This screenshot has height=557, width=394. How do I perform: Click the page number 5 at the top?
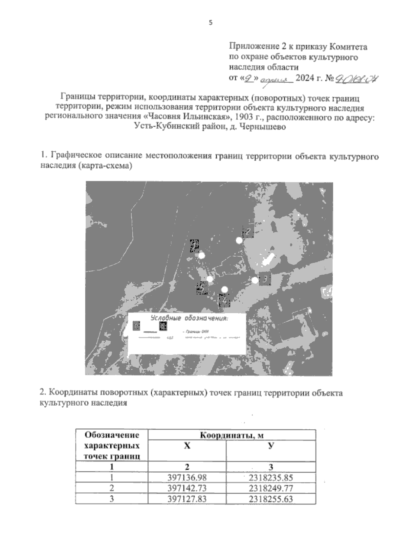coord(211,23)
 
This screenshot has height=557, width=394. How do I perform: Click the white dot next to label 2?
coord(239,241)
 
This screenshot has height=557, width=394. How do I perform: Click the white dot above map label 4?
coord(225,289)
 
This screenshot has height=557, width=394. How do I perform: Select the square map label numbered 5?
coord(202,288)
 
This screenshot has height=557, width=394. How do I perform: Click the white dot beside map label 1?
coord(202,255)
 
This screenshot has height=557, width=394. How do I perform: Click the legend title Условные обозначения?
coord(189,318)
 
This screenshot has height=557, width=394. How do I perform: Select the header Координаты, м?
coord(232,435)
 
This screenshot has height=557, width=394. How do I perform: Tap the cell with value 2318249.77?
coord(271,488)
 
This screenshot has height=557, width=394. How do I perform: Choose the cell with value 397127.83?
coord(187,499)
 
